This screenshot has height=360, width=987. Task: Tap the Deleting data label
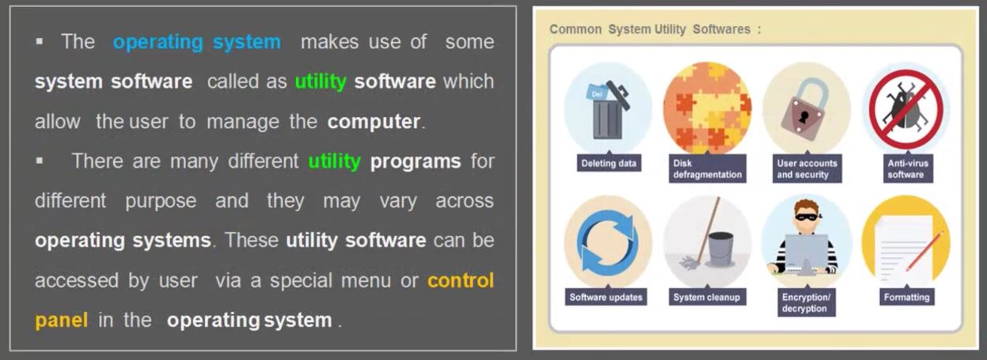click(x=609, y=163)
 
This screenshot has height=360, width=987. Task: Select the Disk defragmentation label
click(x=707, y=169)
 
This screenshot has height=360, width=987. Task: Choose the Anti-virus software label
click(x=908, y=169)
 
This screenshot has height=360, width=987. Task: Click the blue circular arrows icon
click(x=608, y=241)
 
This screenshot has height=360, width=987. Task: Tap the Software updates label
click(x=605, y=297)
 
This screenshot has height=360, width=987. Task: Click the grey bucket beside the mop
click(x=721, y=249)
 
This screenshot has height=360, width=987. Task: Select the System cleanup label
click(x=707, y=297)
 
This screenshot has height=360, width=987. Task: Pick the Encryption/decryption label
click(x=806, y=303)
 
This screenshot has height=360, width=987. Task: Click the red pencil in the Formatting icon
click(x=924, y=251)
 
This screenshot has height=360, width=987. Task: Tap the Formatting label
click(x=907, y=297)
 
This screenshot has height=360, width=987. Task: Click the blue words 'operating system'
click(x=197, y=42)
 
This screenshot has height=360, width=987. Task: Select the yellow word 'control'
click(x=461, y=280)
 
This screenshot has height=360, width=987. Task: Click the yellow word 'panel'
click(x=61, y=320)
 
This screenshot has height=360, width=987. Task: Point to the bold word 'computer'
click(x=374, y=122)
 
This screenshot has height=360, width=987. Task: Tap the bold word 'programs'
click(x=416, y=161)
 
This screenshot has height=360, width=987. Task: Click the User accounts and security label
click(x=807, y=169)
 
